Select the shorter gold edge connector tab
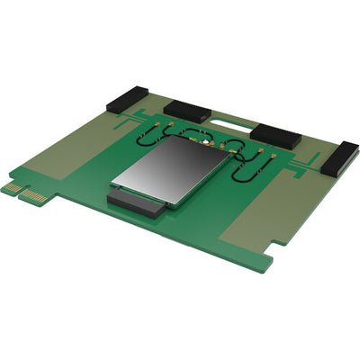10,187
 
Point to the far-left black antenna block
127,98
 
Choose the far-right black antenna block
335,158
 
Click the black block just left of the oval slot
187,112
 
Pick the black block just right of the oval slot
274,135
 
